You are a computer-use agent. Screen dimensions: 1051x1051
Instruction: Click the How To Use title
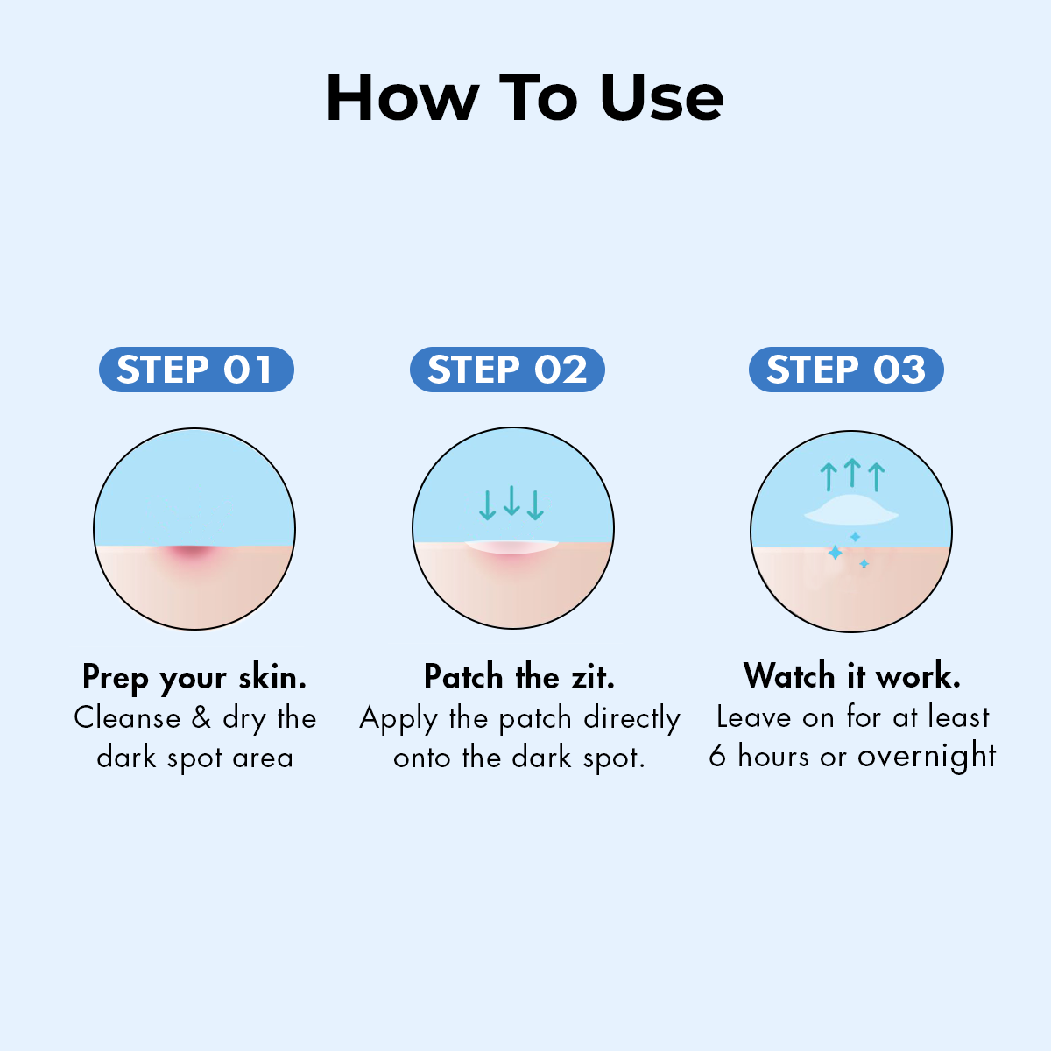point(525,97)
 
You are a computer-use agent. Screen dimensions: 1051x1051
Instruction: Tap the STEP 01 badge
point(195,370)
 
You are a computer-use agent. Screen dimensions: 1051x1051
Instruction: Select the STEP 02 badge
point(507,370)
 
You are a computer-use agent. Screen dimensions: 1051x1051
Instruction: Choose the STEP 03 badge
point(846,370)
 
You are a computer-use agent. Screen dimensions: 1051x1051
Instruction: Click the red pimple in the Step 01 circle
point(193,554)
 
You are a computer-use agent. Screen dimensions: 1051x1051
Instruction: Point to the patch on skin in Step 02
point(512,547)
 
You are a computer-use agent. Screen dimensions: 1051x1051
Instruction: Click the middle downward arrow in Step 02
point(512,500)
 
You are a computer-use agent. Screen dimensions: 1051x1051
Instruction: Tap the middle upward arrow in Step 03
point(851,473)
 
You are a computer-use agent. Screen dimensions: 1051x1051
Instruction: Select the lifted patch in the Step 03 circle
point(850,511)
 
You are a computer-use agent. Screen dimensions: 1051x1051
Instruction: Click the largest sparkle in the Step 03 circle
point(835,553)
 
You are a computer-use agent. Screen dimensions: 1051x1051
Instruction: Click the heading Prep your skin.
point(194,677)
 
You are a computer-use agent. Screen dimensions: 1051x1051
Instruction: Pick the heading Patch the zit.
point(518,677)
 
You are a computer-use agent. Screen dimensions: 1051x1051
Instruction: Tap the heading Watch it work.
point(851,676)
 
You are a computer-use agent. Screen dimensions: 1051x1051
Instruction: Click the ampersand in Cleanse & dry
point(201,718)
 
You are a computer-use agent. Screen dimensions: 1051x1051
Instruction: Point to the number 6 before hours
point(717,756)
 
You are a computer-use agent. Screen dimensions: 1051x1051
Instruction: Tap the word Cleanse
point(127,718)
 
